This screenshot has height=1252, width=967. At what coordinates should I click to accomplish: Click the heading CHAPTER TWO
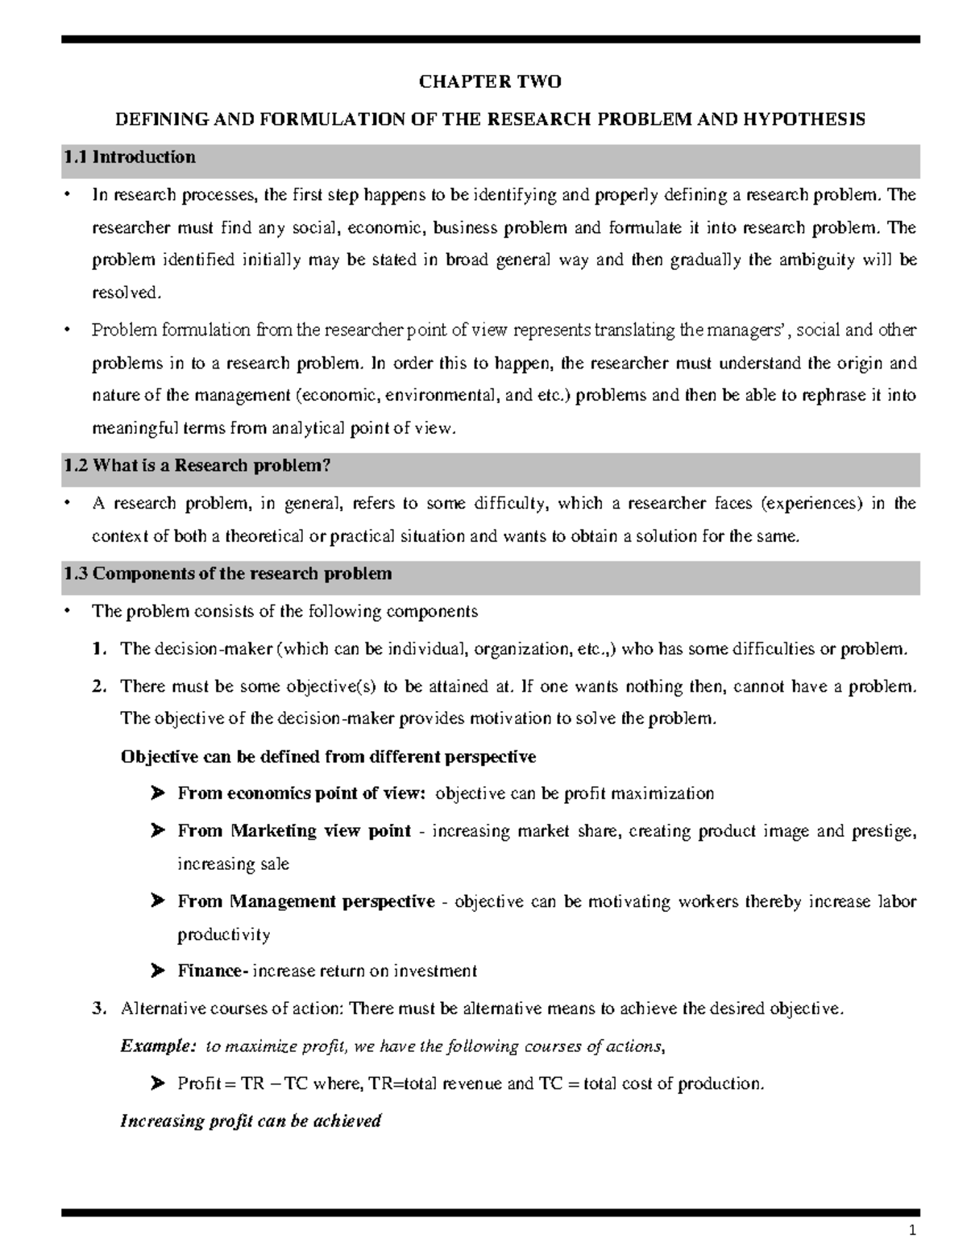pyautogui.click(x=490, y=81)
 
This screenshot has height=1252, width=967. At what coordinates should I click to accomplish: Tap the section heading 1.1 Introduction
pyautogui.click(x=129, y=157)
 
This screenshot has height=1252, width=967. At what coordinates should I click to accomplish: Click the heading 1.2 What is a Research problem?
pyautogui.click(x=197, y=466)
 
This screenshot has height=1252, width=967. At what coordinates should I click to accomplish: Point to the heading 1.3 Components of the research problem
pyautogui.click(x=227, y=574)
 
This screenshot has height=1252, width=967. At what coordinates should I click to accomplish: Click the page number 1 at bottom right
pyautogui.click(x=912, y=1231)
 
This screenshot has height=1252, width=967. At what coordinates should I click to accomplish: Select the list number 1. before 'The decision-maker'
pyautogui.click(x=99, y=649)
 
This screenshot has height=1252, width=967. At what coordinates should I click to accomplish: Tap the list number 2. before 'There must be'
pyautogui.click(x=99, y=687)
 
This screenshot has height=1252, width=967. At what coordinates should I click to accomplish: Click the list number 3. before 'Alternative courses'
pyautogui.click(x=99, y=1009)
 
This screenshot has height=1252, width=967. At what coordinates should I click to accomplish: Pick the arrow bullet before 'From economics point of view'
pyautogui.click(x=157, y=794)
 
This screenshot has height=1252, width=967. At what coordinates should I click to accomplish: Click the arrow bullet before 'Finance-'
pyautogui.click(x=157, y=971)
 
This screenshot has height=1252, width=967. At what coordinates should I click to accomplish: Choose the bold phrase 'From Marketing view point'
pyautogui.click(x=294, y=831)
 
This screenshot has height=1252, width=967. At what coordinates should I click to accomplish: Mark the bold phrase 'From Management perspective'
pyautogui.click(x=306, y=901)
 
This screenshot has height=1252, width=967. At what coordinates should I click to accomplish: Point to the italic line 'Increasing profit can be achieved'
pyautogui.click(x=250, y=1121)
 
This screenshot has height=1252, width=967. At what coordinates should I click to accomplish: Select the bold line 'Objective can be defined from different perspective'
pyautogui.click(x=328, y=757)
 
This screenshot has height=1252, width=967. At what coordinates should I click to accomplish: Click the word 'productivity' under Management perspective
pyautogui.click(x=223, y=935)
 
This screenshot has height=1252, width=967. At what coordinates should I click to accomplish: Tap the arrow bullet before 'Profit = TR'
pyautogui.click(x=157, y=1084)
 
